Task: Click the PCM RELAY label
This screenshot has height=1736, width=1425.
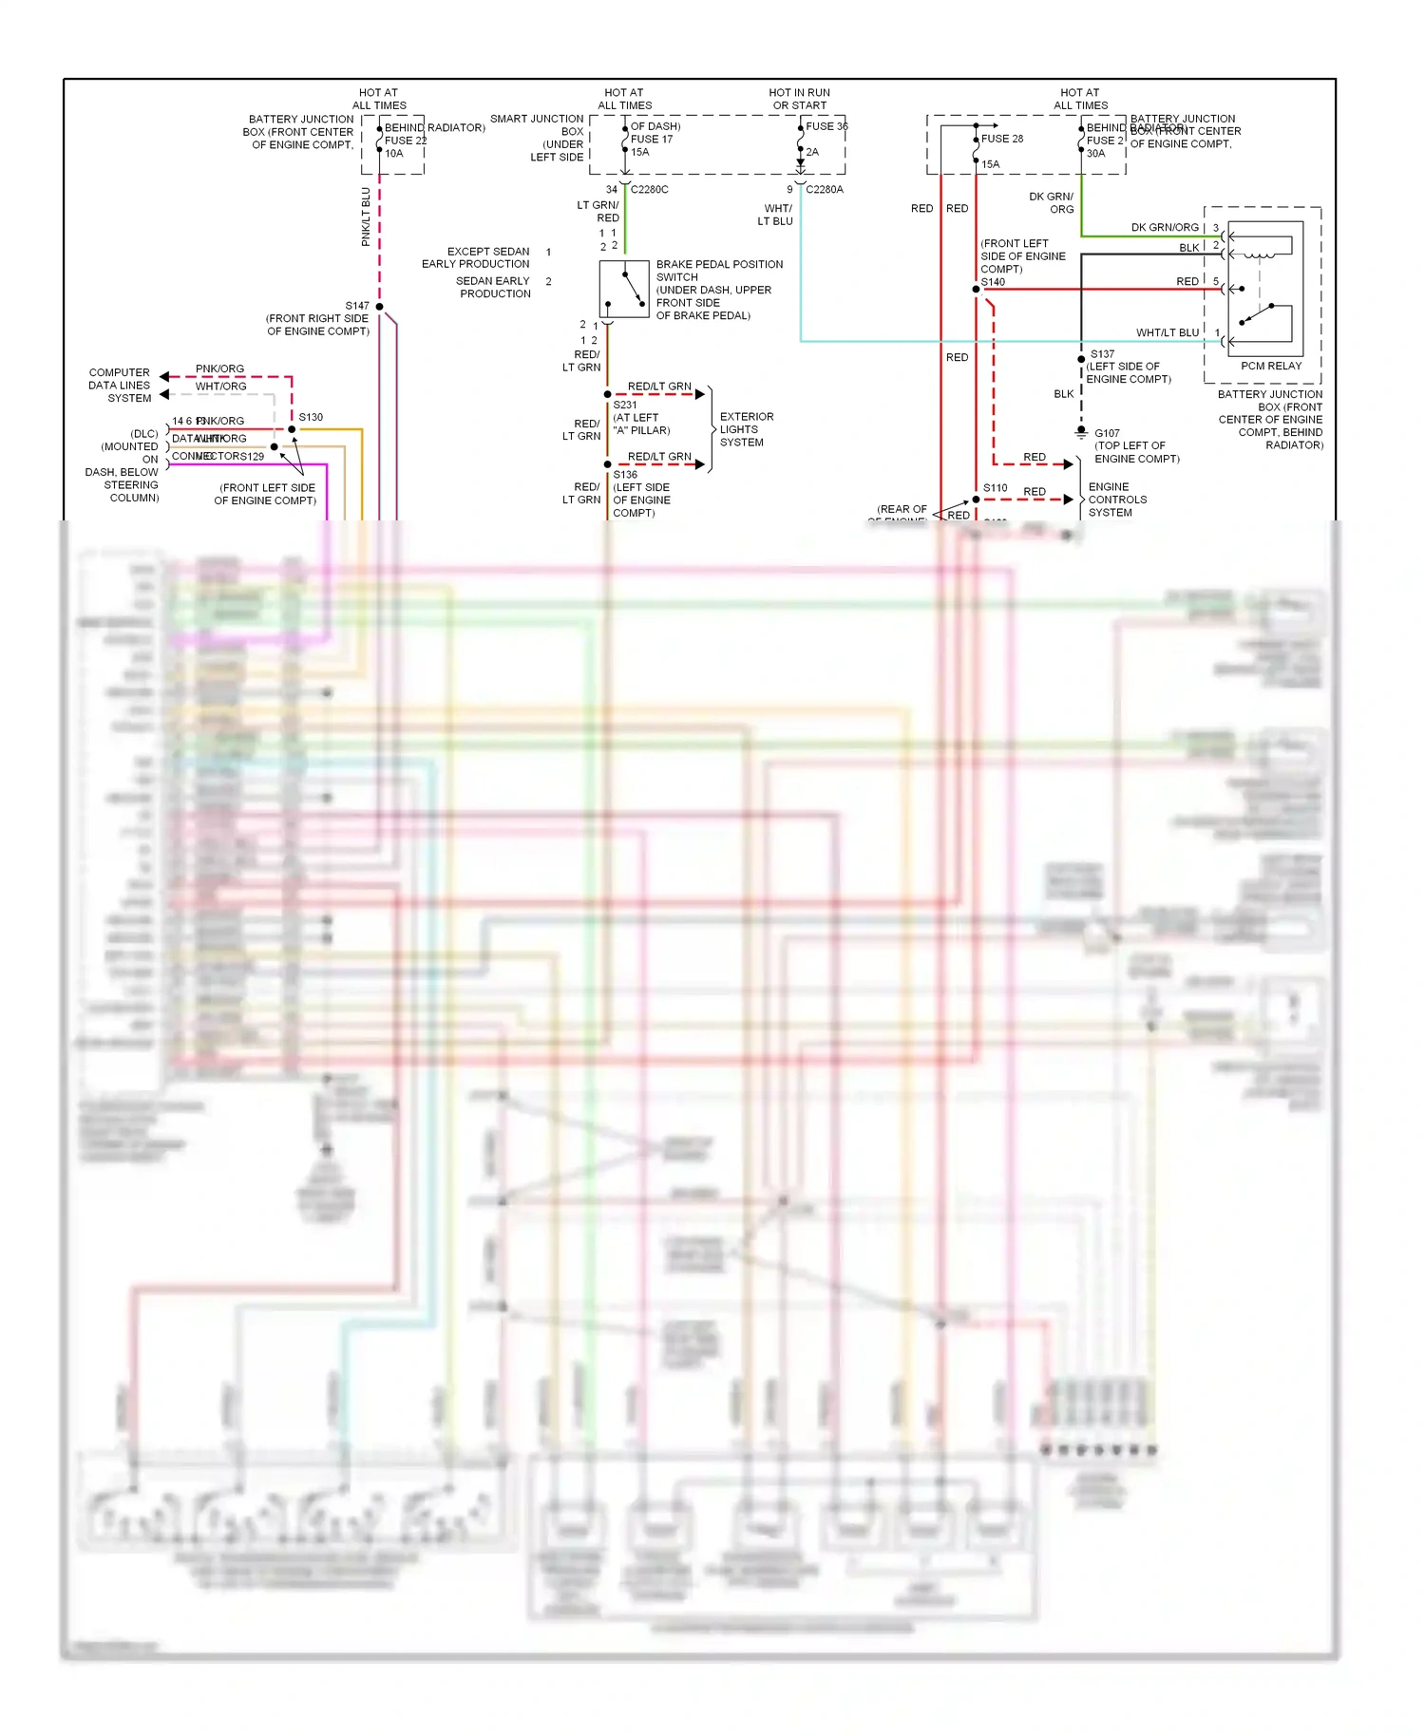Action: [x=1271, y=366]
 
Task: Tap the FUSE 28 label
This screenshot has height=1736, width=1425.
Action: [x=1002, y=139]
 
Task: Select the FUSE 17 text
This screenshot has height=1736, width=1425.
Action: [x=652, y=139]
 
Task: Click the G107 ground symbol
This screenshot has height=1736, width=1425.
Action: [x=1081, y=432]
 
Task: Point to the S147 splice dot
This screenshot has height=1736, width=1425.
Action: [x=379, y=307]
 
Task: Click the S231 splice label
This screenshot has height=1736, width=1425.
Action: [x=625, y=405]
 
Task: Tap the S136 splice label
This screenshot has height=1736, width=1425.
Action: [x=625, y=475]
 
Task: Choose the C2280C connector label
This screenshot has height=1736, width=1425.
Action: [x=650, y=189]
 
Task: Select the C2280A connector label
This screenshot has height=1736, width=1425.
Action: [x=825, y=189]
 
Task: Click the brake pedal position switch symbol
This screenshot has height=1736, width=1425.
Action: [x=624, y=289]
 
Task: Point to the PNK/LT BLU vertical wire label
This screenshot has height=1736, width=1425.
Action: [x=366, y=217]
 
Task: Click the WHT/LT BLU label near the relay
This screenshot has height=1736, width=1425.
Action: [x=1168, y=332]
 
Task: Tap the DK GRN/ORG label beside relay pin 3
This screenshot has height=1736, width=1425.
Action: [x=1165, y=228]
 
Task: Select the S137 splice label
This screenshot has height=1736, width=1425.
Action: [x=1102, y=354]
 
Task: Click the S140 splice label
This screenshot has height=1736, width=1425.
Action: [x=993, y=282]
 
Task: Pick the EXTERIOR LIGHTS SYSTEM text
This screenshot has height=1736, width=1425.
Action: [x=747, y=429]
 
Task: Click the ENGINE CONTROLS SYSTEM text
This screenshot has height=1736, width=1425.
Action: [x=1117, y=500]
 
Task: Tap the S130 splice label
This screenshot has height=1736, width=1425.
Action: [x=311, y=417]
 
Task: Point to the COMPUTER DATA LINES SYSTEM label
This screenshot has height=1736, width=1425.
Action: [x=120, y=386]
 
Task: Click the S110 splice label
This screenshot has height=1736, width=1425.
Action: [x=995, y=488]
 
